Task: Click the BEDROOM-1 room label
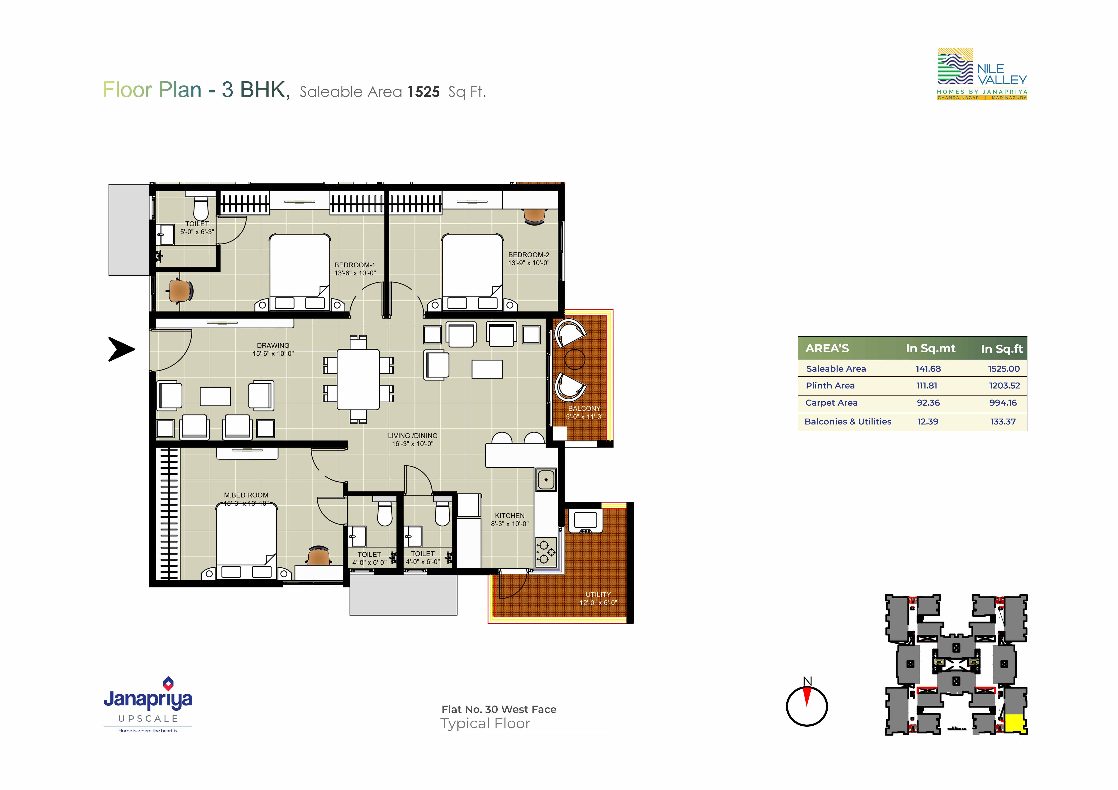click(354, 265)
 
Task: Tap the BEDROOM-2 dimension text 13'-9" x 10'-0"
click(529, 263)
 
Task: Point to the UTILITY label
click(598, 595)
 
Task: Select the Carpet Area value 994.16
click(1003, 403)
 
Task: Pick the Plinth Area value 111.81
click(927, 386)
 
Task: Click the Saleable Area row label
click(836, 369)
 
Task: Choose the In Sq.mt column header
click(931, 349)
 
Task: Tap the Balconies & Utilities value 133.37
click(1003, 422)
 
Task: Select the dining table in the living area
click(358, 379)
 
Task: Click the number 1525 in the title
click(424, 92)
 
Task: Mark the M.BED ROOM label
click(246, 495)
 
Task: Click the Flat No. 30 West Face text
click(499, 710)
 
